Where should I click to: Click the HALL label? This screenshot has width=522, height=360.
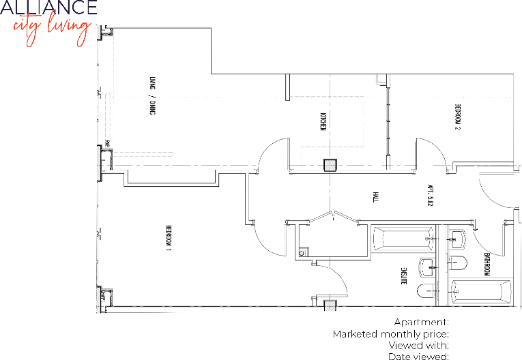click(375, 198)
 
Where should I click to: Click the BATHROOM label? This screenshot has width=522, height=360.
click(487, 264)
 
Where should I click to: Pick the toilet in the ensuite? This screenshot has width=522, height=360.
click(424, 292)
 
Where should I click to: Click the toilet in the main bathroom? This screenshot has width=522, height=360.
click(456, 263)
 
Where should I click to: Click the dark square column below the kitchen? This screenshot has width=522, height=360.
click(330, 165)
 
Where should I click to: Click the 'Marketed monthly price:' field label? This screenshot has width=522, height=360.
click(390, 334)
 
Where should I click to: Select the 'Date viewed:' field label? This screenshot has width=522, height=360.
click(418, 356)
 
